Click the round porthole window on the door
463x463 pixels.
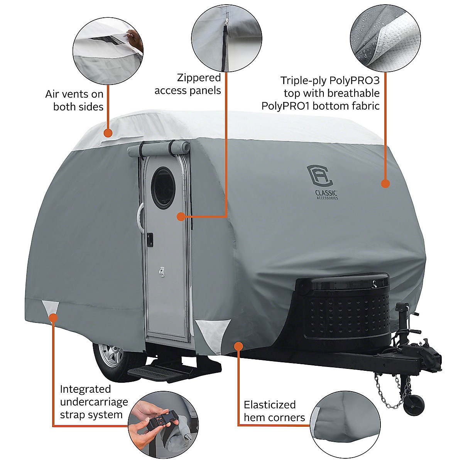[163, 188]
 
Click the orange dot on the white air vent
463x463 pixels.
[108, 133]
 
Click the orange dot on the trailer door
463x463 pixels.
[181, 216]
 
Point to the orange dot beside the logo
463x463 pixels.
[385, 184]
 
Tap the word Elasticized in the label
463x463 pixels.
[270, 405]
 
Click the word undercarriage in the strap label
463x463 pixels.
[94, 402]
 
